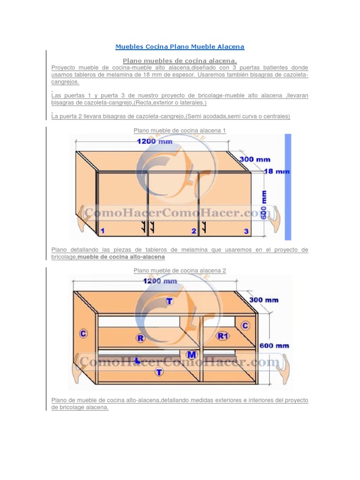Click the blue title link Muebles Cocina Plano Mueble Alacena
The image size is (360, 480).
tap(180, 47)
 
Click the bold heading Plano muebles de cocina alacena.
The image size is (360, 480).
tap(180, 61)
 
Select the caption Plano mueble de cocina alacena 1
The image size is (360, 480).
tap(180, 130)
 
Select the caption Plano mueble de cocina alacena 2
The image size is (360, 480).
tap(180, 270)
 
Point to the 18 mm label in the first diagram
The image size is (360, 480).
tap(277, 172)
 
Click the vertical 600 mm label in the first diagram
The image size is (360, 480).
tap(264, 203)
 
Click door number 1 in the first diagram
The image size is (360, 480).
tap(102, 231)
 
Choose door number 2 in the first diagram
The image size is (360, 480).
tap(193, 231)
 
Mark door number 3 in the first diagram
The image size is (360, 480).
tap(246, 231)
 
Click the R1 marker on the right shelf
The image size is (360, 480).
tap(223, 336)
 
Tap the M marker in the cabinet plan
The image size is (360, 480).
tap(191, 354)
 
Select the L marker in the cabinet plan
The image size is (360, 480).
tap(137, 360)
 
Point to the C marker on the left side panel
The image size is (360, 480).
tap(83, 333)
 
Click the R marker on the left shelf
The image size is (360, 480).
tap(140, 337)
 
